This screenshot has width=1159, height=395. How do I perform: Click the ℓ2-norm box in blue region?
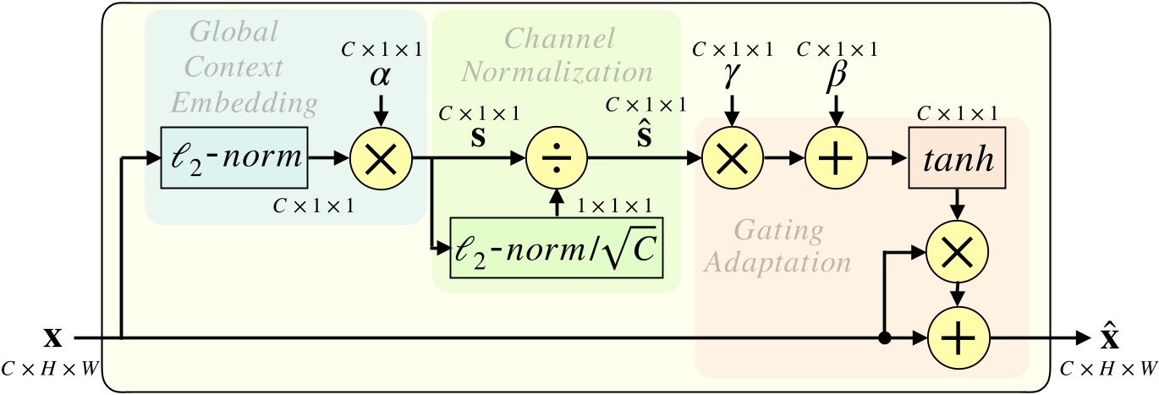(x=235, y=157)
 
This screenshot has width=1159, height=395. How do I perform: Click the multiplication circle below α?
(x=381, y=157)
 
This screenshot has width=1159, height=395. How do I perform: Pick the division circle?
(x=556, y=157)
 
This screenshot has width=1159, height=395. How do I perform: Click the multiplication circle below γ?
(x=732, y=157)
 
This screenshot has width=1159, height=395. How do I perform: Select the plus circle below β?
(x=836, y=157)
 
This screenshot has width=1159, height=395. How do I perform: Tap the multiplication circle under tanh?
(x=957, y=251)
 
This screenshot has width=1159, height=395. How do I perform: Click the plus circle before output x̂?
(x=957, y=338)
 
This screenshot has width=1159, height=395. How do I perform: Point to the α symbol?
(x=381, y=75)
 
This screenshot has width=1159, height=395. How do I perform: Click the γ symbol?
(x=732, y=76)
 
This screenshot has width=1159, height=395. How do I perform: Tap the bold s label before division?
(x=478, y=135)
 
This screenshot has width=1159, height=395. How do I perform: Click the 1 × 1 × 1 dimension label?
(x=613, y=205)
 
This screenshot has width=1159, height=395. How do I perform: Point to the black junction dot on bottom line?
(x=885, y=338)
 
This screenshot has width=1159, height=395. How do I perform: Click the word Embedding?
(x=244, y=103)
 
